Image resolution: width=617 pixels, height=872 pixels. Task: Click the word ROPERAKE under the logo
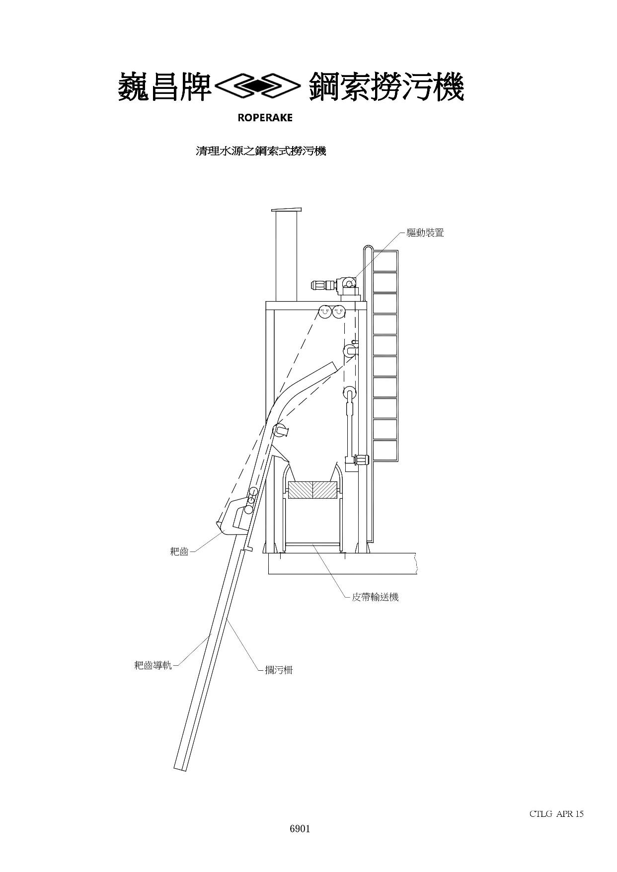265,118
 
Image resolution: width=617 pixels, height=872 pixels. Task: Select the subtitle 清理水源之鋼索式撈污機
261,151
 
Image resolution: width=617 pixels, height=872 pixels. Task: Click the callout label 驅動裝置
425,232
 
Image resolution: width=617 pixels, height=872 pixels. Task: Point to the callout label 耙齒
179,551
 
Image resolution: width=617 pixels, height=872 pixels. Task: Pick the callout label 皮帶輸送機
375,597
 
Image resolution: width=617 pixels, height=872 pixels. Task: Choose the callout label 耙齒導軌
153,665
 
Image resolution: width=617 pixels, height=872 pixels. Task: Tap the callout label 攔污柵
279,670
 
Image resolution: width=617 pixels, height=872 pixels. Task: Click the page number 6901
300,828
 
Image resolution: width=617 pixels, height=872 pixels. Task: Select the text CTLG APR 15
556,813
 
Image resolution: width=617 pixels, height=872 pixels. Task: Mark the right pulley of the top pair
338,312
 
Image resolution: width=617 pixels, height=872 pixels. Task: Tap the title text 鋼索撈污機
386,87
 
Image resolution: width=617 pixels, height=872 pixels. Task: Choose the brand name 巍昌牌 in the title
165,87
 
